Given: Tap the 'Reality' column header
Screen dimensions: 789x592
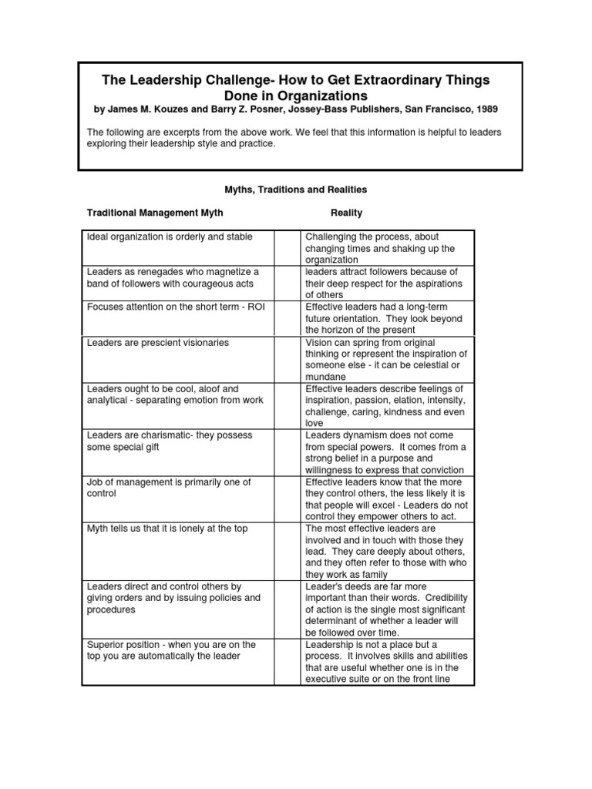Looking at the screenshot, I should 346,212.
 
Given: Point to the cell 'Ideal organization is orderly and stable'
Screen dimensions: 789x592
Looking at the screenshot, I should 170,237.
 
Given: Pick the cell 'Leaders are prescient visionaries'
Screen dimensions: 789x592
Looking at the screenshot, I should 158,342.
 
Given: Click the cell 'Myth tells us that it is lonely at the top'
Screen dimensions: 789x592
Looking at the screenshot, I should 167,528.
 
